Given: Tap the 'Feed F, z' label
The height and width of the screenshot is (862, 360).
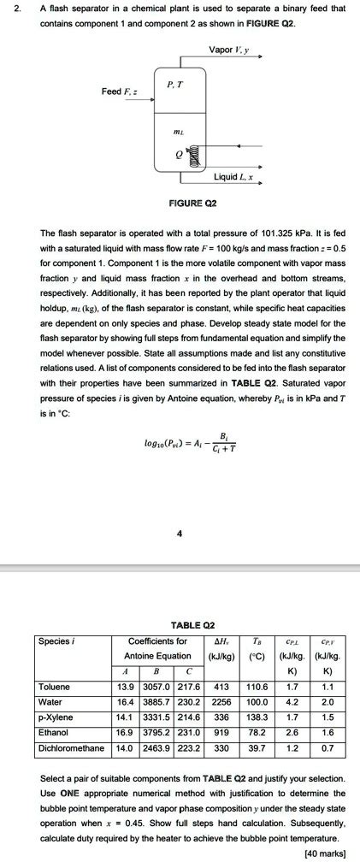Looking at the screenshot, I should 116,91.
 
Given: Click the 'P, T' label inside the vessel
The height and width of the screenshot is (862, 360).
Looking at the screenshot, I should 174,84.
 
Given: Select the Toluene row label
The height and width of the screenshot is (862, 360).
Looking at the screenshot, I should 55,686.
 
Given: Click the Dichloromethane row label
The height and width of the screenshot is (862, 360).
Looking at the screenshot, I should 71,747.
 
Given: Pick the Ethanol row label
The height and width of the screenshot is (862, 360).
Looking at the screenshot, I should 54,732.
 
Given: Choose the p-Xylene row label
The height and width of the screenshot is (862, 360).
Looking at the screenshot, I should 56,717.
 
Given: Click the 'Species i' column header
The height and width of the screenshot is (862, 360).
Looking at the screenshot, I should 58,641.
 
